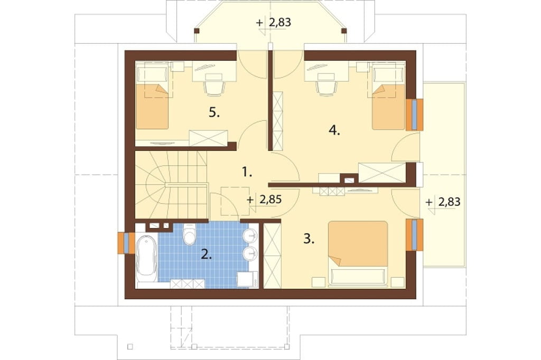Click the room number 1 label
[x=246, y=172]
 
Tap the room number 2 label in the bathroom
[x=207, y=255]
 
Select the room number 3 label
[x=309, y=239]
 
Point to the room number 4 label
[x=334, y=130]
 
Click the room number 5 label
[x=214, y=112]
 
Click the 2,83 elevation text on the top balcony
[x=279, y=22]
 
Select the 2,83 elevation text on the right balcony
[x=449, y=202]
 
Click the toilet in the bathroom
[x=189, y=234]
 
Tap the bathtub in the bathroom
[x=146, y=257]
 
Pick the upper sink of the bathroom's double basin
[x=250, y=236]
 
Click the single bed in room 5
[x=152, y=97]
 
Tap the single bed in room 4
[x=388, y=97]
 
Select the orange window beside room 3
[x=414, y=235]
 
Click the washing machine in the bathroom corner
[x=247, y=279]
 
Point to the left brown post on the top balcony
[x=197, y=31]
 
